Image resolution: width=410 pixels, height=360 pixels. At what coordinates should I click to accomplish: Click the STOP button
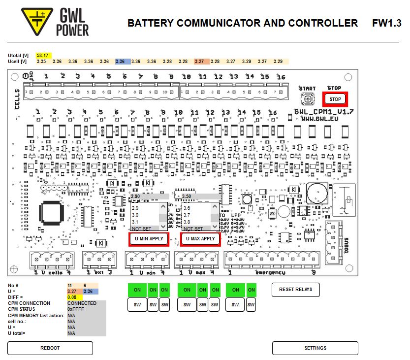[x=335, y=99]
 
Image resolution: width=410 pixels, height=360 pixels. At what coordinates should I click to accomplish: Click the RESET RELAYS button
[x=295, y=289]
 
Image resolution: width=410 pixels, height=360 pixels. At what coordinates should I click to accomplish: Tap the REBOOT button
[x=50, y=348]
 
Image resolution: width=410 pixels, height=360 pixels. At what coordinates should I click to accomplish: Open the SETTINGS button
[x=315, y=348]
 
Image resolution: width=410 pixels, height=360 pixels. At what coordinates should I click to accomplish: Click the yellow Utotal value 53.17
[x=43, y=56]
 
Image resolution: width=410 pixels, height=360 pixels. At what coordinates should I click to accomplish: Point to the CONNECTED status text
[x=82, y=303]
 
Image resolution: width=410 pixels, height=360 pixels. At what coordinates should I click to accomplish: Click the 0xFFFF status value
[x=76, y=309]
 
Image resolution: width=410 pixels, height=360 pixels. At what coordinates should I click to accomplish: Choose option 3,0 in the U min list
[x=135, y=215]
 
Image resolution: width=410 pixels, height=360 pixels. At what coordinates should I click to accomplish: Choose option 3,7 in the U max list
[x=187, y=215]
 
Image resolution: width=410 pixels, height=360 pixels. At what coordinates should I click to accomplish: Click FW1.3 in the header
[x=387, y=23]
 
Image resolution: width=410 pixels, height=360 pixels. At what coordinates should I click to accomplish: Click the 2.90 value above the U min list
[x=136, y=196]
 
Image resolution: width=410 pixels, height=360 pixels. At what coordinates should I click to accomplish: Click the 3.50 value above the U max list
[x=187, y=196]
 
